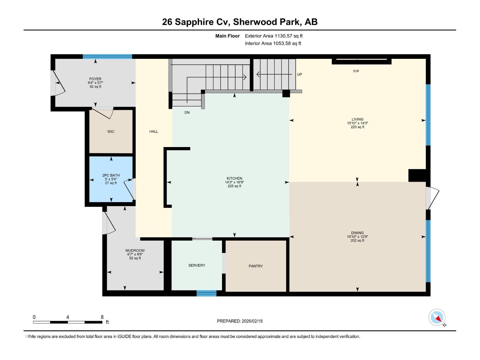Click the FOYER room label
pos(95,79)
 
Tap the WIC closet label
pos(111,132)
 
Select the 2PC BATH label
pos(111,175)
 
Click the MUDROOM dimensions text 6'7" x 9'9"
pos(135,254)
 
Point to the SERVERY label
pos(197,265)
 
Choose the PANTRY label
pos(256,266)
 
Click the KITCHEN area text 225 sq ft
pos(234,186)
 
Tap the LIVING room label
pos(357,119)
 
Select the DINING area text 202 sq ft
pos(357,241)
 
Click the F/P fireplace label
pos(356,71)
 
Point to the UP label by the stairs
pos(299,74)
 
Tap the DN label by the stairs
pos(187,112)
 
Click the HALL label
pos(154,131)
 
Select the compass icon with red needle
pos(437,317)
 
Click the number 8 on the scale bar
pos(102,317)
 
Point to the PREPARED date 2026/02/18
pos(252,321)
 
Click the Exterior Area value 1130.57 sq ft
pos(289,36)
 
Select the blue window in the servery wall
pos(206,293)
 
